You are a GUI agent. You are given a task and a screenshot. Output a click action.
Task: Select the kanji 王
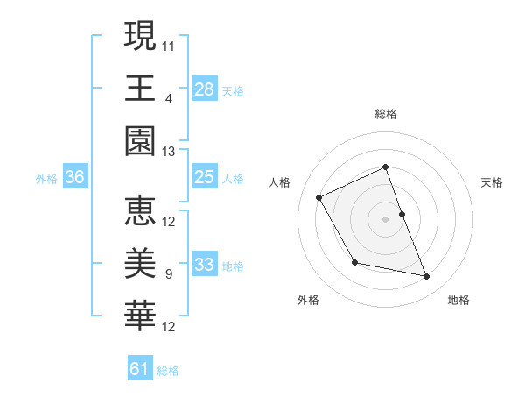[140, 89]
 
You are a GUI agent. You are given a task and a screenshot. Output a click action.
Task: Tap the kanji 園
[140, 141]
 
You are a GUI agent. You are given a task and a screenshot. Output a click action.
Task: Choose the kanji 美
[140, 264]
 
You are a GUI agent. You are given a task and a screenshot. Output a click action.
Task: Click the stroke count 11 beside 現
[169, 46]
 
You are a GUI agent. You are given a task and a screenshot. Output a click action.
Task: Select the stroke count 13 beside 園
[169, 152]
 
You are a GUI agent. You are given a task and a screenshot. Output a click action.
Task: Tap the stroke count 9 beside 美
[168, 274]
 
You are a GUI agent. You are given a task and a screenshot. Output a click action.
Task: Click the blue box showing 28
[204, 89]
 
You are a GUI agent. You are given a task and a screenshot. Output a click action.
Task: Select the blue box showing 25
[204, 178]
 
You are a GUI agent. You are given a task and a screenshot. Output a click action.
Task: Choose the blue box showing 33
[204, 265]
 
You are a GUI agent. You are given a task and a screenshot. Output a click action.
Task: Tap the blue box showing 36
[75, 178]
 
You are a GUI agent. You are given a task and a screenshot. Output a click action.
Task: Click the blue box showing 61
[140, 369]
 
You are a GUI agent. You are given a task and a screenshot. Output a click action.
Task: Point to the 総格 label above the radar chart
[386, 114]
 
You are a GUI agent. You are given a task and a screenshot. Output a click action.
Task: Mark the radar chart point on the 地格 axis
[427, 277]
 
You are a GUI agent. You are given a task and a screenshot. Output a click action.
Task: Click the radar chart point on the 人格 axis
[319, 198]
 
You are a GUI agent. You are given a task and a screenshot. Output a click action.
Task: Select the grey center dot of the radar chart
[386, 219]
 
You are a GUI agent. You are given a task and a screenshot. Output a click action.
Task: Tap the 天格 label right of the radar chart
[492, 182]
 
